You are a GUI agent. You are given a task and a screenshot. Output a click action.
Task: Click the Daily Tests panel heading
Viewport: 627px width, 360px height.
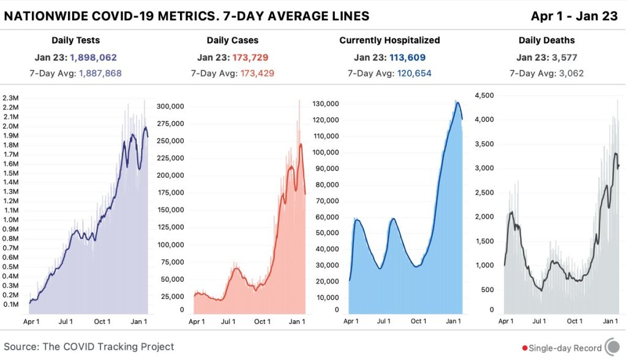(x=76, y=40)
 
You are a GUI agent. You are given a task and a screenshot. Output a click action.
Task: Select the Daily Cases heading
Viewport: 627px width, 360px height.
(x=233, y=40)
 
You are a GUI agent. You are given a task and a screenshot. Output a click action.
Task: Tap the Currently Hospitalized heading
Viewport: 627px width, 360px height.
(x=389, y=40)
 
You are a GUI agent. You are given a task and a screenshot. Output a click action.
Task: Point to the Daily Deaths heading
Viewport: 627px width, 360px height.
(x=546, y=40)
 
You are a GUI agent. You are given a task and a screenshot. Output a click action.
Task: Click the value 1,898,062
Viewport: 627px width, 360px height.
(x=93, y=58)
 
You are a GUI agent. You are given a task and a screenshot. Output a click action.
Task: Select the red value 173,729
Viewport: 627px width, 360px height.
(x=250, y=58)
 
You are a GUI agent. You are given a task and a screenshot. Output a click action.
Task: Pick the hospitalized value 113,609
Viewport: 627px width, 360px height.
(x=407, y=58)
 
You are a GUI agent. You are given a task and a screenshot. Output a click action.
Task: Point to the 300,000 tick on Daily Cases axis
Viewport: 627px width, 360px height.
(x=171, y=106)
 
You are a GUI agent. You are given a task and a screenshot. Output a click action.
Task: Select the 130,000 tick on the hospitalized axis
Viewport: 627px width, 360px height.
(x=326, y=103)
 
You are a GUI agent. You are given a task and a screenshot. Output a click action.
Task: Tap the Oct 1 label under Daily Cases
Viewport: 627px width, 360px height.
(x=262, y=321)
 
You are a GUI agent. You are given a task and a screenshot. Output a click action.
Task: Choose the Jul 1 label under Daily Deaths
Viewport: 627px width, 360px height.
(x=539, y=321)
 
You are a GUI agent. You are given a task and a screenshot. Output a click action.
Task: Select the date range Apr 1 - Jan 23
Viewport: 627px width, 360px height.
(x=574, y=17)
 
